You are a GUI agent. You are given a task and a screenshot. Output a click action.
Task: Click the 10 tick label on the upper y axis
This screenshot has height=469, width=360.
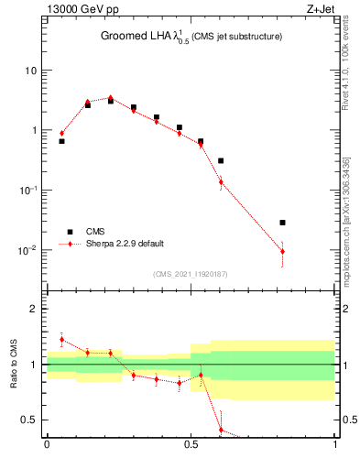coord(31,71)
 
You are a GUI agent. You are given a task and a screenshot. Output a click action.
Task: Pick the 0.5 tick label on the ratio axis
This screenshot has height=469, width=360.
coord(30,420)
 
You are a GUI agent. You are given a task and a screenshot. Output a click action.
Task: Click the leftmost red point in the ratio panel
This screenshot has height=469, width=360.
coord(61,339)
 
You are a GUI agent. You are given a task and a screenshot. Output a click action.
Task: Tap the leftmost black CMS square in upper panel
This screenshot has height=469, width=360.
coord(61,141)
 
